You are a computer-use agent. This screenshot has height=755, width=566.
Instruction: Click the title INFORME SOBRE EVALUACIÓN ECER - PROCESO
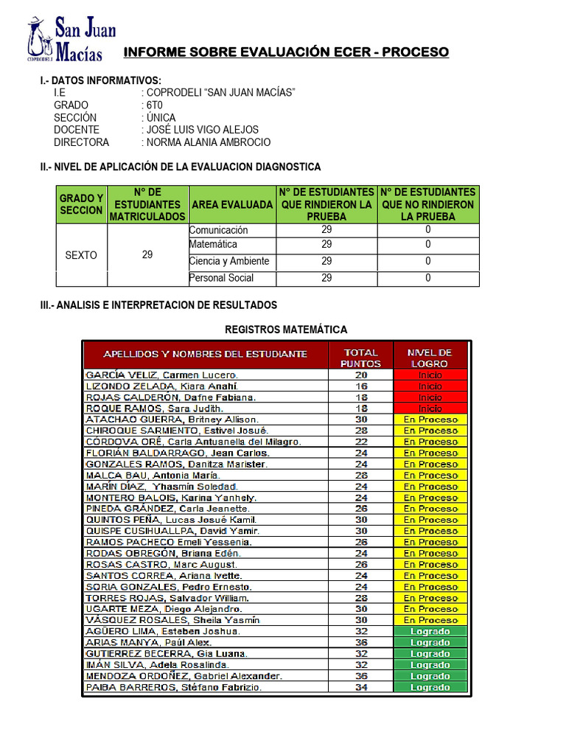pyautogui.click(x=285, y=52)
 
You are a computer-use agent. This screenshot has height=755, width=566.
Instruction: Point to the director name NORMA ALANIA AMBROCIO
pyautogui.click(x=209, y=142)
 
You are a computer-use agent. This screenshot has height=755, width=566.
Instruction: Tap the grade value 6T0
pyautogui.click(x=155, y=105)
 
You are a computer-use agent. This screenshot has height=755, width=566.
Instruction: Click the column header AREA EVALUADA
pyautogui.click(x=231, y=204)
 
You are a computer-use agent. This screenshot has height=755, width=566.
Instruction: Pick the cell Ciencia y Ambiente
pyautogui.click(x=229, y=261)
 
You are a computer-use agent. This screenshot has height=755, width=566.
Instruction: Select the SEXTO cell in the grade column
pyautogui.click(x=81, y=255)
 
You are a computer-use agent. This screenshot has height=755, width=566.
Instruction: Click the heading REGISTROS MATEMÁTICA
pyautogui.click(x=285, y=330)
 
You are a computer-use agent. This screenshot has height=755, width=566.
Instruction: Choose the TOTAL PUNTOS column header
pyautogui.click(x=360, y=358)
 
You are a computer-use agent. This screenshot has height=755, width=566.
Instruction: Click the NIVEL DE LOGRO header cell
pyautogui.click(x=430, y=358)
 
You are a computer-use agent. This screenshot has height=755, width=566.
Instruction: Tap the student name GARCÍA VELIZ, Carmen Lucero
pyautogui.click(x=162, y=375)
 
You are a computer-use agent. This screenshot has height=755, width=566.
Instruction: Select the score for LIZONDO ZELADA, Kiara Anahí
pyautogui.click(x=360, y=386)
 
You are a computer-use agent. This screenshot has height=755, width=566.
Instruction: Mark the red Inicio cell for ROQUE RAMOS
pyautogui.click(x=430, y=408)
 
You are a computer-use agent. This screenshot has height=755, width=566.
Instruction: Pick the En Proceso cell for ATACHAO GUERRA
pyautogui.click(x=430, y=420)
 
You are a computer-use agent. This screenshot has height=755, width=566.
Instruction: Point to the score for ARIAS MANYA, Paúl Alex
pyautogui.click(x=360, y=642)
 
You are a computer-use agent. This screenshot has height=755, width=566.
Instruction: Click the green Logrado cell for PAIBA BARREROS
pyautogui.click(x=430, y=687)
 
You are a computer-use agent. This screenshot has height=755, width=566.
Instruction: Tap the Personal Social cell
pyautogui.click(x=222, y=278)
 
